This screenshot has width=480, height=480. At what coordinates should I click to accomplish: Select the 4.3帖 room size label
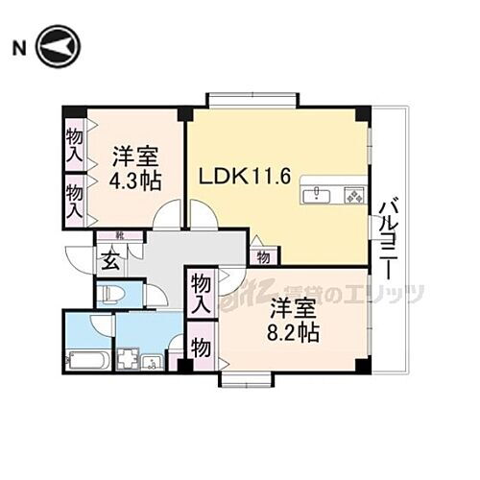click(134, 180)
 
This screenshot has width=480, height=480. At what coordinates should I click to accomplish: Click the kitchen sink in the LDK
click(319, 197)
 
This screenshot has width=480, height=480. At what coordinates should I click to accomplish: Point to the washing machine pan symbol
click(127, 362)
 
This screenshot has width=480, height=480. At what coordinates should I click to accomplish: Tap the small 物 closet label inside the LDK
click(261, 255)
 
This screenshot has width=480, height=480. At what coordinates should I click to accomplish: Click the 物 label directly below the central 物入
click(201, 347)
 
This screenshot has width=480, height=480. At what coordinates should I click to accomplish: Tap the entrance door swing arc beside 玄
click(77, 257)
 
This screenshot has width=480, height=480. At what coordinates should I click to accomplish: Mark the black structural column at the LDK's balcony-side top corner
click(361, 114)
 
